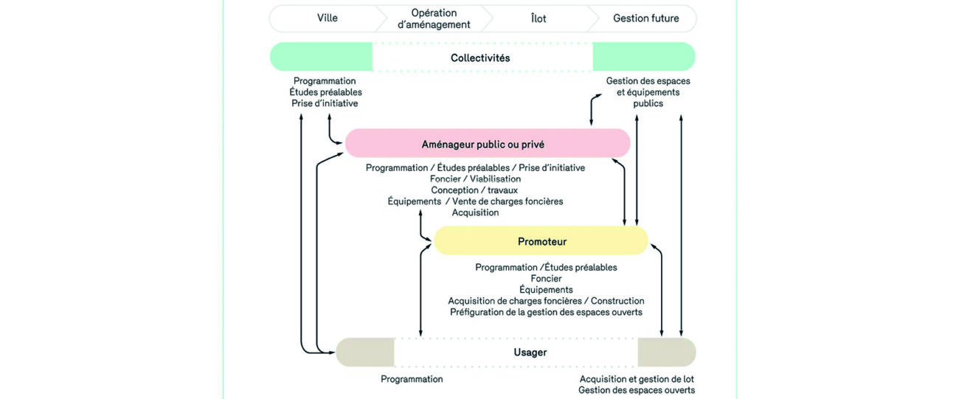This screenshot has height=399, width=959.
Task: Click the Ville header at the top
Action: (x=327, y=18)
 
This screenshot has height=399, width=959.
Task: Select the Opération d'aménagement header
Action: (x=433, y=18)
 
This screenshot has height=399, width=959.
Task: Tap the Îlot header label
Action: (x=539, y=18)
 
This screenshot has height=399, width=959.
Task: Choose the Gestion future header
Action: (x=646, y=18)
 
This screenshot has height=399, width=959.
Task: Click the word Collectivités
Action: (x=480, y=58)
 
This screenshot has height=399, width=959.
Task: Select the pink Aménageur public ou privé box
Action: (x=488, y=143)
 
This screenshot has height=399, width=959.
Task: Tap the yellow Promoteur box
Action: (x=541, y=241)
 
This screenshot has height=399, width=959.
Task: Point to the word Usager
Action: (x=530, y=353)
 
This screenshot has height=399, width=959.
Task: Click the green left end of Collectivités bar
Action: (x=321, y=58)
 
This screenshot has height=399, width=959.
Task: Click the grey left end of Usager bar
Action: (x=365, y=353)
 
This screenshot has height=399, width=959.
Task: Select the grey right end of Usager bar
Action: (x=666, y=353)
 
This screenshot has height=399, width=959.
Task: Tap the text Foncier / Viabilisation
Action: (x=475, y=179)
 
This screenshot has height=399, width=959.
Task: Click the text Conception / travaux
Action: (x=475, y=190)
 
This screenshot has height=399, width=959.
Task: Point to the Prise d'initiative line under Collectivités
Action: (x=325, y=103)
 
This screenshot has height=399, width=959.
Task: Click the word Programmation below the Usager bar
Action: (x=412, y=379)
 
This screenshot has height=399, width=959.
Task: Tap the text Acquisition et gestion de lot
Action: (x=637, y=379)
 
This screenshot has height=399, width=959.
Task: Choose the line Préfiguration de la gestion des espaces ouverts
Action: (x=546, y=312)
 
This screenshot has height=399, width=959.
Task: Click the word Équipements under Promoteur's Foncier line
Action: (x=546, y=290)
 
